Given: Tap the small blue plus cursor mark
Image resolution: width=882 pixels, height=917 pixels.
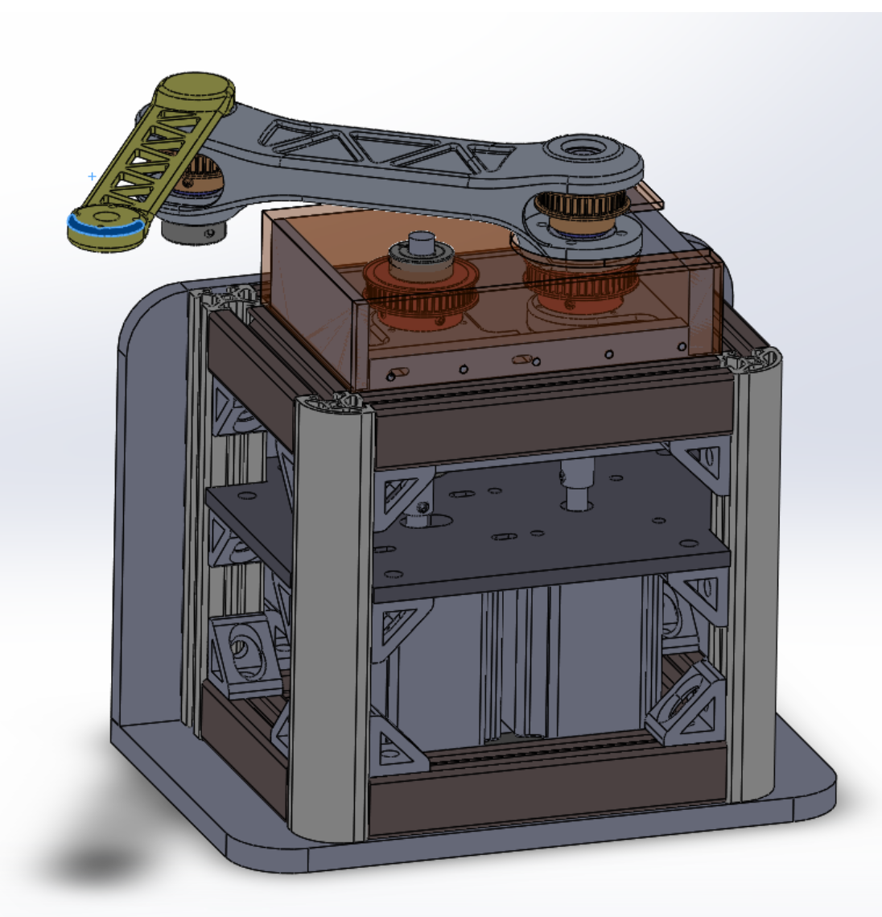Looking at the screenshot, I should pos(92,176).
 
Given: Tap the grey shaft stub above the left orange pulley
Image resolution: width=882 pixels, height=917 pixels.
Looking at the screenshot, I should pos(419,242).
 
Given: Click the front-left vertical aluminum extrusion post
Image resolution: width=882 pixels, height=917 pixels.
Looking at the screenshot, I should pos(332,612).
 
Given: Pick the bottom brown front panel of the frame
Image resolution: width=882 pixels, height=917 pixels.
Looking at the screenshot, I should pos(547,793).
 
